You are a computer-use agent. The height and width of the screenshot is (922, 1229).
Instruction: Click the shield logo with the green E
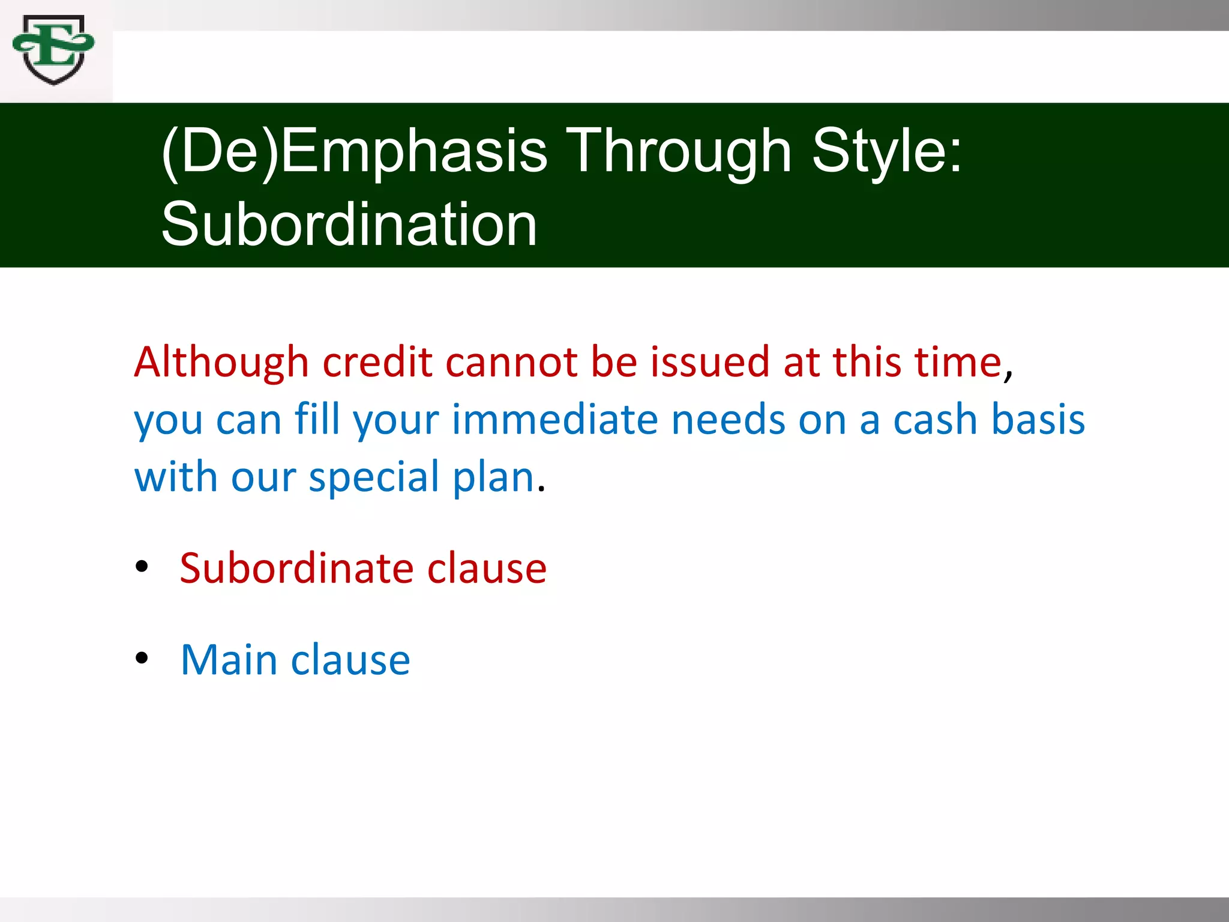(53, 49)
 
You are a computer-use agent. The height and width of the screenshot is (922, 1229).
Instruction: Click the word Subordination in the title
(349, 224)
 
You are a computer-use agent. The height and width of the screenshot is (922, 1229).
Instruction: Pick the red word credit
(377, 362)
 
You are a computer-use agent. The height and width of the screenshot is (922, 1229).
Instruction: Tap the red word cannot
(511, 362)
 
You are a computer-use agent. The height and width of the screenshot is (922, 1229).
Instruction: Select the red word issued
(710, 362)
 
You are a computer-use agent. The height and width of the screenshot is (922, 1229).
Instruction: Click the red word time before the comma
(958, 362)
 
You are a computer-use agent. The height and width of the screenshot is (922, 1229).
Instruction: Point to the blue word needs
(728, 419)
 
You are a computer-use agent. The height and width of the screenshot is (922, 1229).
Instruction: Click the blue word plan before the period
(493, 478)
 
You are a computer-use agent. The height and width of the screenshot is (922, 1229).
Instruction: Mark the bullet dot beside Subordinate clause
(142, 566)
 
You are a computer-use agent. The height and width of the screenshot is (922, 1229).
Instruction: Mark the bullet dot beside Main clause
(142, 658)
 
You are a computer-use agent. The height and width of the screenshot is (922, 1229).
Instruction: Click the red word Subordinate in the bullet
(296, 568)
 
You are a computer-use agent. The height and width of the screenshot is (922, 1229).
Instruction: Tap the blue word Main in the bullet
(229, 660)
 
